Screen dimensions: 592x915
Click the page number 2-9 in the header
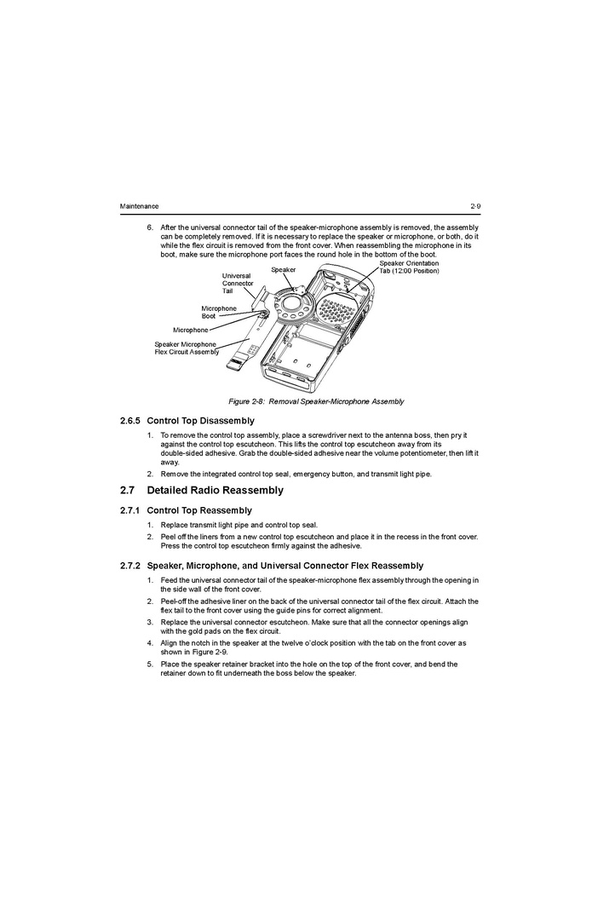point(474,206)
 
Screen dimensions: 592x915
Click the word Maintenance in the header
point(139,206)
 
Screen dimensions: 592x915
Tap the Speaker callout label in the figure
point(284,269)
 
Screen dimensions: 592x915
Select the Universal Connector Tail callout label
point(238,283)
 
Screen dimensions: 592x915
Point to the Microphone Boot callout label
point(219,312)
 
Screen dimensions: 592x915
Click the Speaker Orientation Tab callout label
point(409,268)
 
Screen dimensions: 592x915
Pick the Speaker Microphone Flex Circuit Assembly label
point(186,348)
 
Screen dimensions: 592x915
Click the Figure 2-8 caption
point(315,401)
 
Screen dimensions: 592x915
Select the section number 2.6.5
point(130,421)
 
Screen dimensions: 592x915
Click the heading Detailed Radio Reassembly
point(216,490)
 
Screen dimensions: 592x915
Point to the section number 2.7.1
point(129,510)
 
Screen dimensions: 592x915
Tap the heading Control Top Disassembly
point(201,421)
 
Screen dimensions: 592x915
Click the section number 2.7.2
point(130,566)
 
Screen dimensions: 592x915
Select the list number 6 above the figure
point(149,227)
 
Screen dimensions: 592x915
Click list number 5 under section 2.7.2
point(149,664)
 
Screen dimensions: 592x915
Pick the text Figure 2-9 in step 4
point(210,652)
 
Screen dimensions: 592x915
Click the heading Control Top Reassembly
point(199,510)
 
